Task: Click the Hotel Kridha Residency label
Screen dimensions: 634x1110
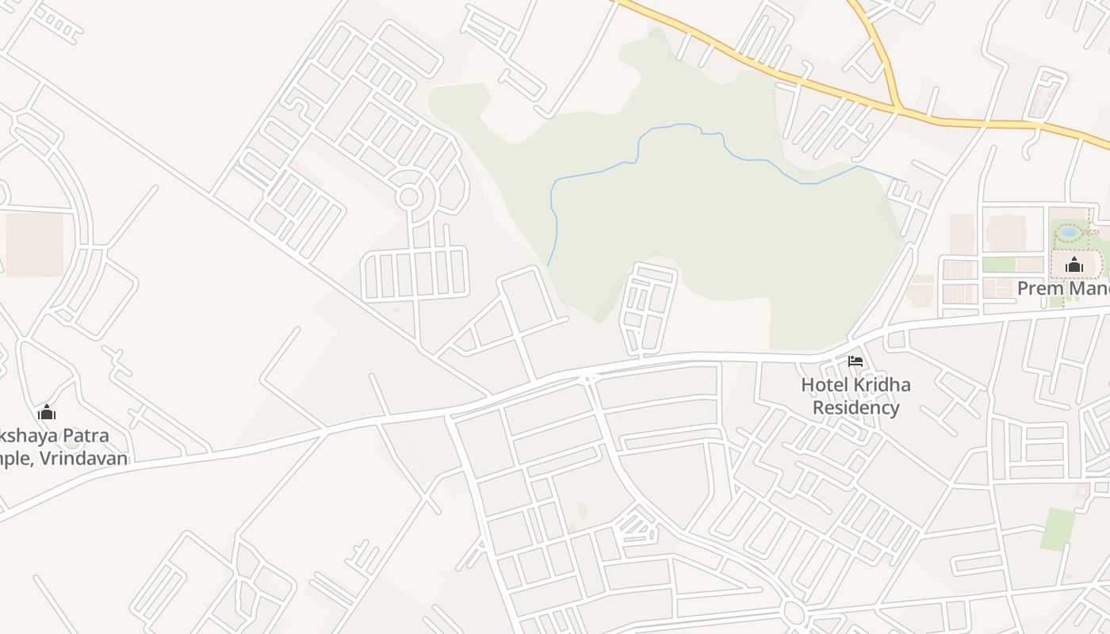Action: pyautogui.click(x=855, y=396)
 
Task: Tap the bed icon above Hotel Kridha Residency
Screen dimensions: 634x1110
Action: pyautogui.click(x=855, y=361)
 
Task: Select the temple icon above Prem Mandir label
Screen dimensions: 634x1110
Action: pyautogui.click(x=1074, y=265)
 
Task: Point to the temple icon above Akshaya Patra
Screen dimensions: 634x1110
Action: pyautogui.click(x=47, y=412)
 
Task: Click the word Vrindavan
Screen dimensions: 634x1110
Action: pyautogui.click(x=89, y=459)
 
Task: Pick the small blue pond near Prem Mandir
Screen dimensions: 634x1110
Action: pyautogui.click(x=1068, y=232)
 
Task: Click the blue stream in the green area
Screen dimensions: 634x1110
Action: pyautogui.click(x=603, y=170)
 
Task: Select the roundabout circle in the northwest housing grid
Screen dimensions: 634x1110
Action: pyautogui.click(x=408, y=197)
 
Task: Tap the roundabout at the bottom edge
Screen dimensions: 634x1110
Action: pyautogui.click(x=793, y=612)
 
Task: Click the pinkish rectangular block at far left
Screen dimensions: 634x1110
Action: pyautogui.click(x=34, y=243)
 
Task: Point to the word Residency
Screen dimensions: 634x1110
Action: pyautogui.click(x=855, y=408)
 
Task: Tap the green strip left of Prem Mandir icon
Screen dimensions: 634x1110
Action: pyautogui.click(x=998, y=265)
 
